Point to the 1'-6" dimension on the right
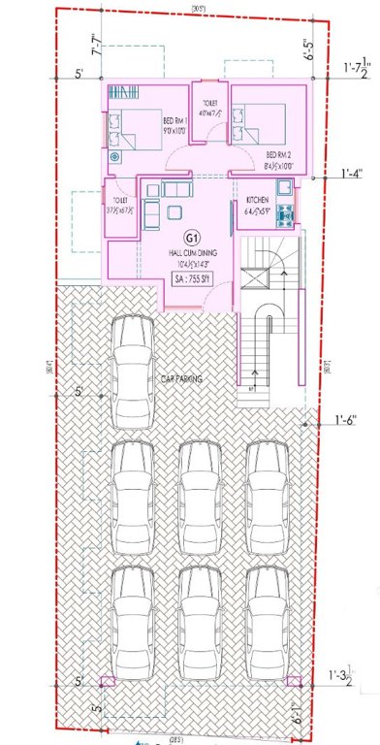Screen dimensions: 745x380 coord(346,419)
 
